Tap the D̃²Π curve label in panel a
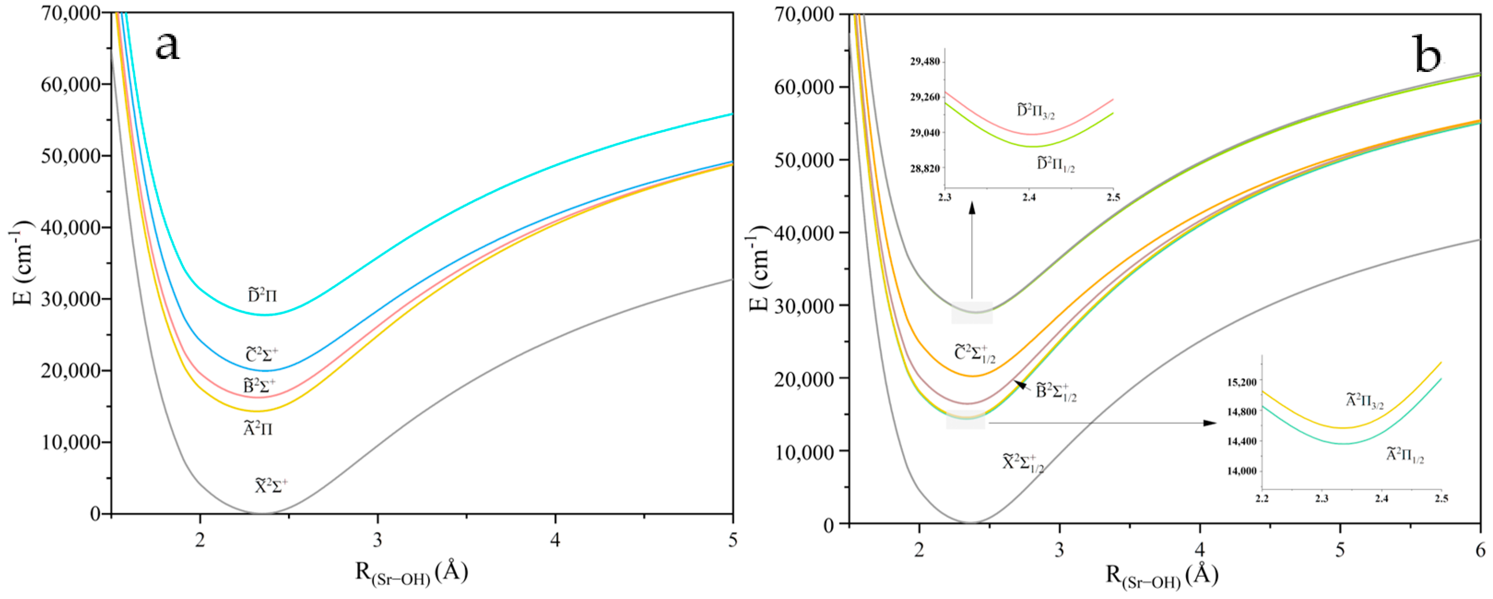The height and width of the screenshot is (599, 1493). point(263,296)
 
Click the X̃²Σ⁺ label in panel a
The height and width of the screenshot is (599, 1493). point(271,486)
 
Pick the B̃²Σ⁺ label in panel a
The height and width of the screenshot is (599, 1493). point(259,385)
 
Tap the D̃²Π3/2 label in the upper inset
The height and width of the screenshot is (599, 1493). point(1036,111)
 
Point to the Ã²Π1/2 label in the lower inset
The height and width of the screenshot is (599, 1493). point(1405,455)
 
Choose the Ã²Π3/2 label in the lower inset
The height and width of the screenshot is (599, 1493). point(1365,401)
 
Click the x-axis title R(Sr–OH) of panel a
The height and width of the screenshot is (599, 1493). point(412,573)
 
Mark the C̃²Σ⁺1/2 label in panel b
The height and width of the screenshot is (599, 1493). point(975,353)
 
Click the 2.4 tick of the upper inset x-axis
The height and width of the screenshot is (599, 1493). point(1029,198)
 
